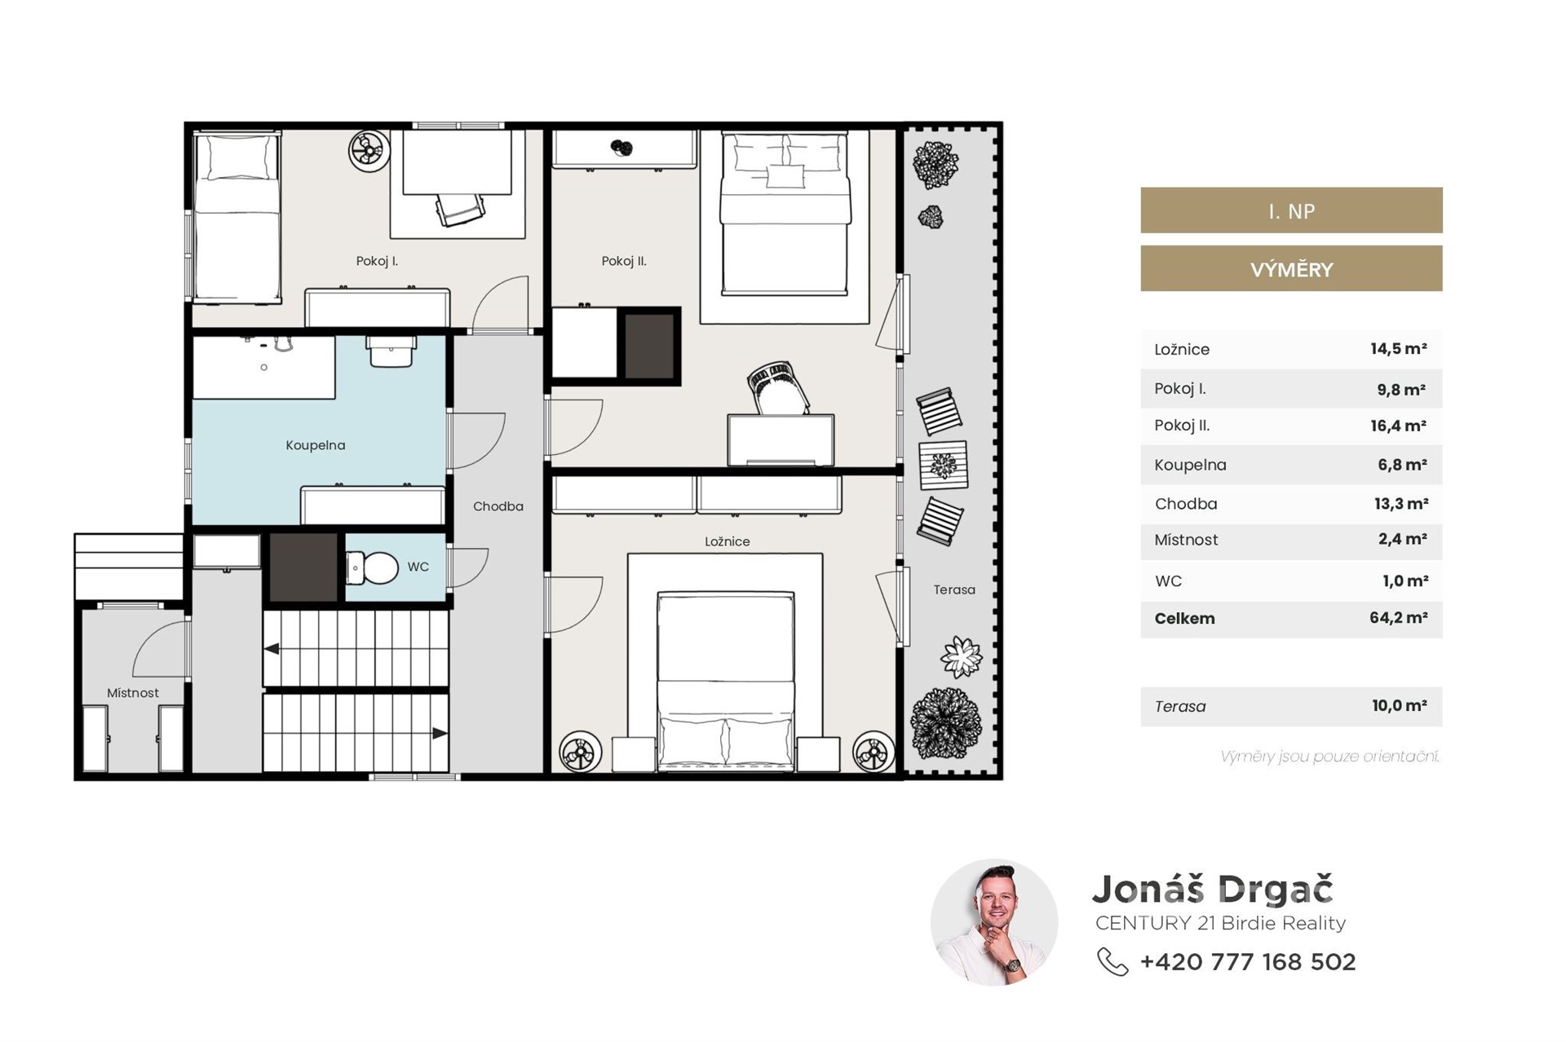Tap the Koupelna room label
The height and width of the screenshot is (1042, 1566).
tap(316, 445)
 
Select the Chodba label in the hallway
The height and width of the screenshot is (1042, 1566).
tap(498, 506)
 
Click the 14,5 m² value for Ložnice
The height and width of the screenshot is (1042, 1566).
tap(1398, 349)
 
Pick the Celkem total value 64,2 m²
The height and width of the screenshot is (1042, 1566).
tap(1398, 618)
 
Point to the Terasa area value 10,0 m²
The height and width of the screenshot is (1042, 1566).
tap(1399, 706)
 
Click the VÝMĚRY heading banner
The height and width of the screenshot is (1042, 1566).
tap(1291, 269)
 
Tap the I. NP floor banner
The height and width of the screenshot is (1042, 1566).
tap(1291, 211)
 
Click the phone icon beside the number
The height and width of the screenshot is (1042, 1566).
tap(1113, 962)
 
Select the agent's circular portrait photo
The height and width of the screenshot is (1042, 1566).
tap(994, 922)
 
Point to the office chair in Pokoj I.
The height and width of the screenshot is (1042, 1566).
tap(459, 209)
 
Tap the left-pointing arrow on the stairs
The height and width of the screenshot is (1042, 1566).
tap(272, 650)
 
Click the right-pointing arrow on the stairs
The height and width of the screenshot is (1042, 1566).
tap(440, 734)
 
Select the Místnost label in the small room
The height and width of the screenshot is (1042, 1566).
tap(133, 693)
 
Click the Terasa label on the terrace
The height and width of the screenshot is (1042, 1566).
tap(954, 589)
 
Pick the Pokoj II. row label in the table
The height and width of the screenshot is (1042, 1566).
tap(1182, 426)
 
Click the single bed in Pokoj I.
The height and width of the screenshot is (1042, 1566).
tap(237, 218)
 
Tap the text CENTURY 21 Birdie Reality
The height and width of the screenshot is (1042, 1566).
tap(1220, 923)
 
